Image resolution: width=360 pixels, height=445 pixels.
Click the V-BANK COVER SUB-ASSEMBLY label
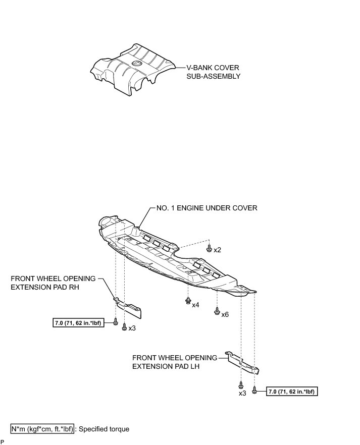pos(210,72)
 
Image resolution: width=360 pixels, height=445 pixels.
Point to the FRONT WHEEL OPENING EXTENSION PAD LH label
pos(174,362)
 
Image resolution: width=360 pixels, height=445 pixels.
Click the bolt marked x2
pos(209,248)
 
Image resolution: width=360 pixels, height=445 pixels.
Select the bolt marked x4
pos(188,302)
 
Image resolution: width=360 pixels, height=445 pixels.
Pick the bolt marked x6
pos(217,311)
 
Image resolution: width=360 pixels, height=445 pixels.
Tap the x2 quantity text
pos(218,250)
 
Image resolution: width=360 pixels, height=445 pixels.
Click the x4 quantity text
pos(195,305)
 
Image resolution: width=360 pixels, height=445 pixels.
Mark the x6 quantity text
pos(225,314)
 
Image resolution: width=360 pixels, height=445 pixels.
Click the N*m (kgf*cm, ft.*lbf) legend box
pos(43,429)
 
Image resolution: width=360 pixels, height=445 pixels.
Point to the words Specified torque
pos(105,429)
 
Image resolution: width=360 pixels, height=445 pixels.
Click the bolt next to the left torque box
pos(116,322)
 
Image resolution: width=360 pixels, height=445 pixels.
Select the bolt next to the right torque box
pos(255,390)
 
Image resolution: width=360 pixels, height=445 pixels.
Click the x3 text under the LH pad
pos(242,393)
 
